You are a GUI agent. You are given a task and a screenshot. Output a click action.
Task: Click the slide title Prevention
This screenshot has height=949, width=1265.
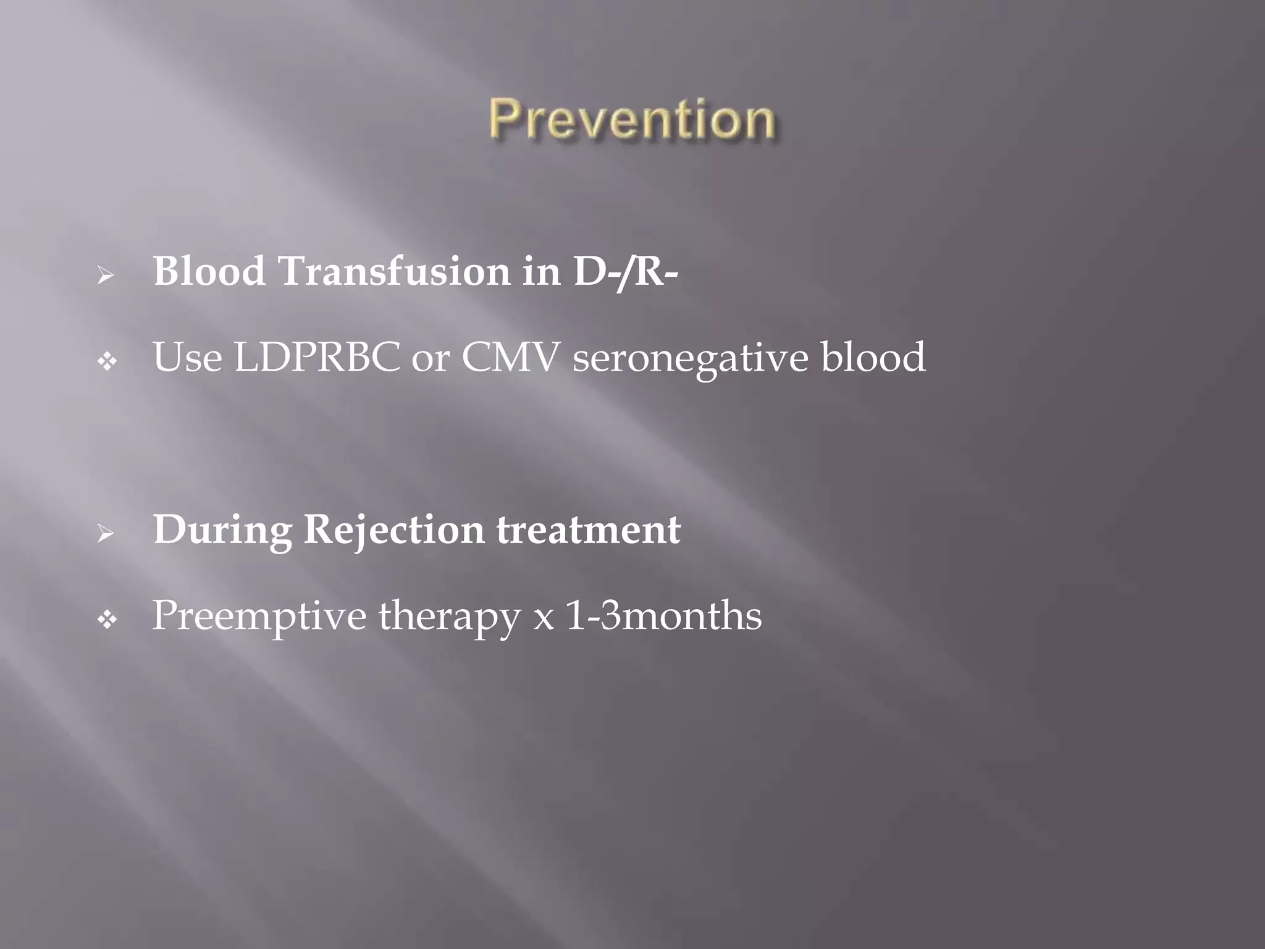(x=632, y=120)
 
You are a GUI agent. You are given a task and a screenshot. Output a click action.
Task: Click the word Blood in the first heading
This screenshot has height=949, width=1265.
(x=209, y=271)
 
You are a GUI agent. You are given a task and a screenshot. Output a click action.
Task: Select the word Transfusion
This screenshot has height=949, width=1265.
(x=394, y=271)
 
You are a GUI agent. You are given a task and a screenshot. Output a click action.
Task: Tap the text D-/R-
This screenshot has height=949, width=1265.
(x=626, y=271)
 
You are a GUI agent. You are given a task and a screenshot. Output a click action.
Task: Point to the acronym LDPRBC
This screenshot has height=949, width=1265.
(x=317, y=357)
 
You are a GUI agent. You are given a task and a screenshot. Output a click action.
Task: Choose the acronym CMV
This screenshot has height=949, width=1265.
(x=510, y=357)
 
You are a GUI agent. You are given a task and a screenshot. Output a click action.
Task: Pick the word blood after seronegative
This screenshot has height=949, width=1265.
(x=873, y=357)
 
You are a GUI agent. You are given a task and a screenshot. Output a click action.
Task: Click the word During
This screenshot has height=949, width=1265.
(x=222, y=531)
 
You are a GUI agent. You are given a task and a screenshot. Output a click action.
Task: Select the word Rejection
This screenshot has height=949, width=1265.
(x=394, y=531)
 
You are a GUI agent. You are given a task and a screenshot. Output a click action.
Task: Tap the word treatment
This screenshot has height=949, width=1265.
(x=588, y=531)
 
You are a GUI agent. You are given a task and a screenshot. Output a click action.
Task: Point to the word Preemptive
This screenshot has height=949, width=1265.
(x=259, y=617)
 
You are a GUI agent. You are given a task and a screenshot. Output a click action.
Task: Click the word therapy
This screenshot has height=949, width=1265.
(x=450, y=617)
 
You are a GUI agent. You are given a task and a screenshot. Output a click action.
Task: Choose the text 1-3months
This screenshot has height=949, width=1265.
(x=663, y=616)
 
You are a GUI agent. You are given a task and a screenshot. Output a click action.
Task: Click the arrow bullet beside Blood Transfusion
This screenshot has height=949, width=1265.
(x=106, y=275)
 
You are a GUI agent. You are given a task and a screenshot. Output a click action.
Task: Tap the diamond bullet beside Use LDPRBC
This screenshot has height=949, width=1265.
(x=107, y=361)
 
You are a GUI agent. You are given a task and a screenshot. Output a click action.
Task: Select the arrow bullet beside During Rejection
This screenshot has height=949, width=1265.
(x=106, y=534)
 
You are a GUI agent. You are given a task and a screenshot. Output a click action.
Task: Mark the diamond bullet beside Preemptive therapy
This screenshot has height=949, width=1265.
(x=107, y=620)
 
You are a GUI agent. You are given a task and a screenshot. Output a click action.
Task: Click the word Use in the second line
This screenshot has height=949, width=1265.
(x=187, y=357)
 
